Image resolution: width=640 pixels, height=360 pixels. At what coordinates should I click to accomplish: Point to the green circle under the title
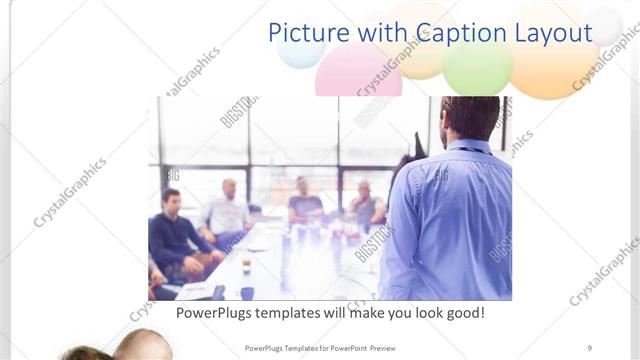[x=477, y=68]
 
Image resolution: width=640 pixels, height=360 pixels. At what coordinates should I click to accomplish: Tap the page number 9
[x=590, y=347]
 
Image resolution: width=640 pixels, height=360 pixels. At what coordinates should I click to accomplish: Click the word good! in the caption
[x=464, y=313]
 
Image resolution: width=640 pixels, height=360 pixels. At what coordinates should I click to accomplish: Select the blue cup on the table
[x=246, y=293]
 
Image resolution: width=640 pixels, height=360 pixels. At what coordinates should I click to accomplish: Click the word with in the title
[x=387, y=32]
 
